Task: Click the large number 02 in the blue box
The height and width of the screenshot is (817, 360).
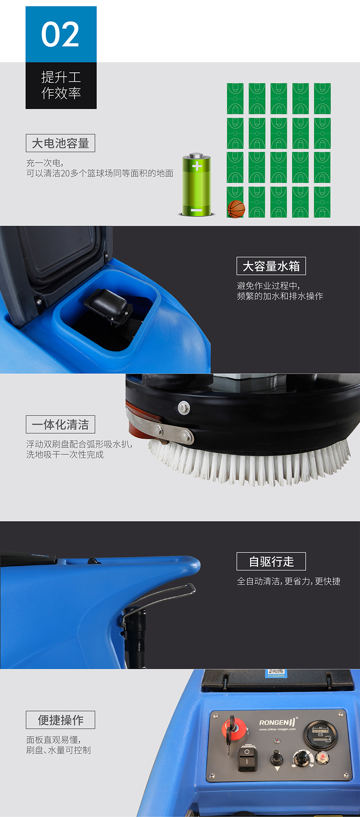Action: coord(60,34)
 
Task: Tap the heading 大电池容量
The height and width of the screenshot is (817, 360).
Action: coord(61,144)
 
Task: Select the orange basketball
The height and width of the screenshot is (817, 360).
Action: coord(236,209)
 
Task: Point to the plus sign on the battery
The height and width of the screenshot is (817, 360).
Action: coord(197,166)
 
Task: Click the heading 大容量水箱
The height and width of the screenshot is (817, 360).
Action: coord(271,266)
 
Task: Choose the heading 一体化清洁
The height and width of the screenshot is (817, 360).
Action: coord(61,425)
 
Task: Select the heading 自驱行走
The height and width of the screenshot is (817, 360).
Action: coord(271,562)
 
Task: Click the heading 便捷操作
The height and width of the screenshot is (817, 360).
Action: coord(61,720)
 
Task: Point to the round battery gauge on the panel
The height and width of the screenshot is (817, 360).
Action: coord(321,734)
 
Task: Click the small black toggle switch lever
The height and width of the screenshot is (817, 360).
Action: coord(277,756)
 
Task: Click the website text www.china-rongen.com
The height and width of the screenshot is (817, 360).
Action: coord(277,729)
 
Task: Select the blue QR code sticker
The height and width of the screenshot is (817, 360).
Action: coord(276,673)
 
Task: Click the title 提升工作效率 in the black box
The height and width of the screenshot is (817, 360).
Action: coord(61,85)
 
